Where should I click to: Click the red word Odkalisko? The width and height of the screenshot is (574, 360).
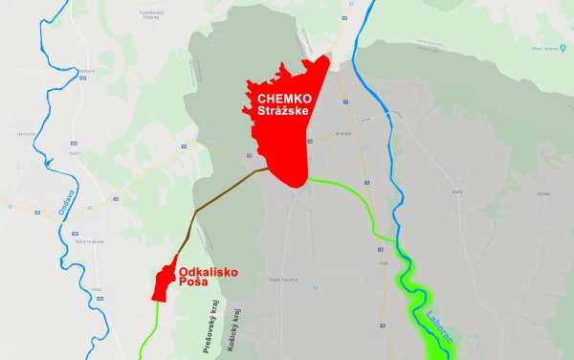coord(208,272)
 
